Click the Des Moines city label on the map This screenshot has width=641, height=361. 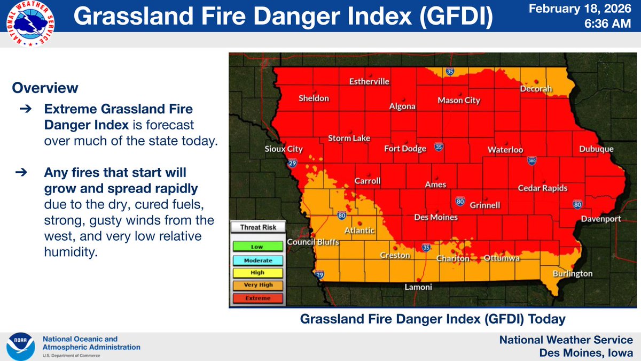pos(436,218)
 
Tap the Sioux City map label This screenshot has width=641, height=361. pos(284,149)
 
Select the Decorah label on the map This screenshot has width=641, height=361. pos(536,89)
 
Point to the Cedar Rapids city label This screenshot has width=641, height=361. pos(542,188)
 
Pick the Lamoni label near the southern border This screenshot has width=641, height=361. pos(418,287)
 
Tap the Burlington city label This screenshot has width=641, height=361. pos(573,273)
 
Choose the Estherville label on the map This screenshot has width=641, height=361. pos(369,82)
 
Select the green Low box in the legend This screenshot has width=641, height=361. pos(257,247)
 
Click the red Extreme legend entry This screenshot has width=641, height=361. pos(257,298)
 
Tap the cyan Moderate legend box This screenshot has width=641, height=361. pos(257,260)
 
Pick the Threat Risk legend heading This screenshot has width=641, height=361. pos(257,227)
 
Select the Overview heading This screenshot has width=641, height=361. pos(45,88)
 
